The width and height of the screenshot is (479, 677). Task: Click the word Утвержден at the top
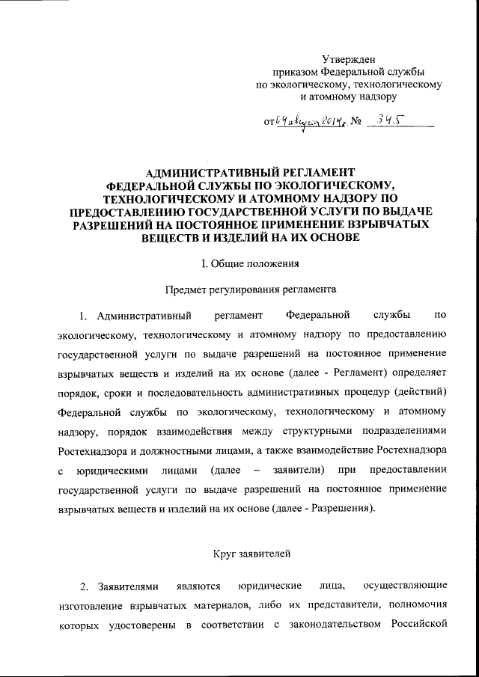[x=350, y=59]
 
